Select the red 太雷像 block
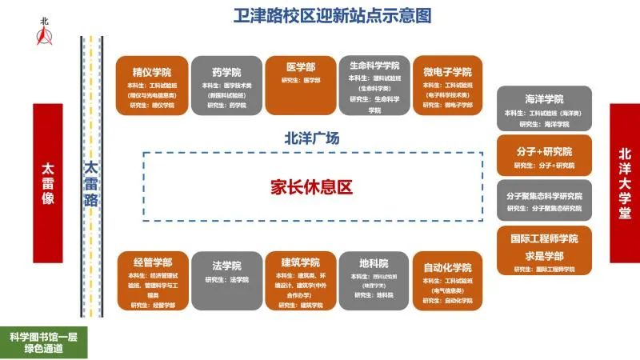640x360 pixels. [47, 183]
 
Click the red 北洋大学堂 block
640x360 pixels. [624, 183]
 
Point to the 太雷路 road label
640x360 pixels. [91, 185]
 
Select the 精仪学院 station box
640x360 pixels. [152, 85]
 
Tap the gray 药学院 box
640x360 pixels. [226, 85]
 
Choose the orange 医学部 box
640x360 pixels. [300, 85]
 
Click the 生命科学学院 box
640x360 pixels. [374, 85]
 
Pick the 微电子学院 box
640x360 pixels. [448, 85]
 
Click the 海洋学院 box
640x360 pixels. [544, 108]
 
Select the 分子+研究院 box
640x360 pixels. [544, 155]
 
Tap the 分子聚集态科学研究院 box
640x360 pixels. [544, 200]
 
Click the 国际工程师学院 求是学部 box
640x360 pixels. [544, 251]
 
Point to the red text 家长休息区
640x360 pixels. [311, 187]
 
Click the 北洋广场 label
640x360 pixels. [312, 138]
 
